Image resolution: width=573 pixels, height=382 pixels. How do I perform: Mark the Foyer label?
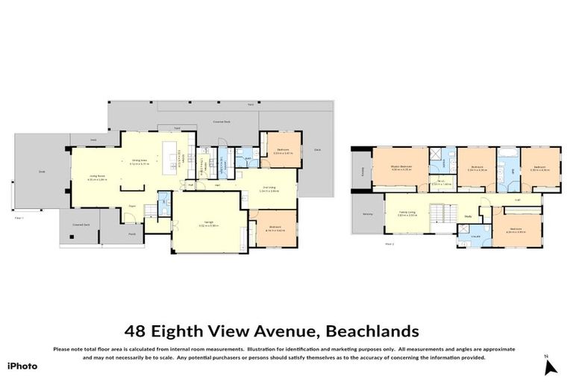click(132, 205)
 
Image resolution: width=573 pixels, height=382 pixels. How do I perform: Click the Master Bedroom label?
click(401, 166)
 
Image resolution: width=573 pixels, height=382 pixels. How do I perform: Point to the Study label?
click(468, 218)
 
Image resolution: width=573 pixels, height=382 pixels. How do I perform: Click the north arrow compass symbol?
click(550, 366)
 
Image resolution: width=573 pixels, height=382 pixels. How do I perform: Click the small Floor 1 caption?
click(20, 218)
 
